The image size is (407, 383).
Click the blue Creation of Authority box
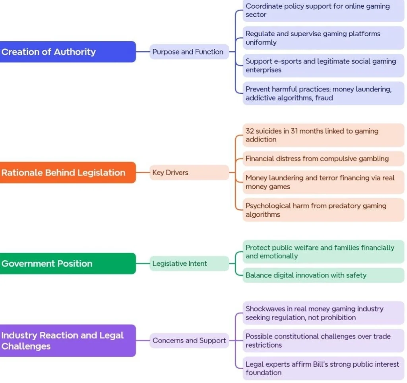[x=68, y=52]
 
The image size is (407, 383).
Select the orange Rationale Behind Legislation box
[x=68, y=172]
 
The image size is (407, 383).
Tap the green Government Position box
[x=68, y=263]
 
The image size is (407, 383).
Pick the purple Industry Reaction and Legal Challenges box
[x=68, y=340]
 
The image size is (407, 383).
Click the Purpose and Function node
[x=188, y=52]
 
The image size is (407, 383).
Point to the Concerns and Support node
[x=189, y=340]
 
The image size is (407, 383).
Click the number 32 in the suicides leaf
[x=250, y=131]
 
